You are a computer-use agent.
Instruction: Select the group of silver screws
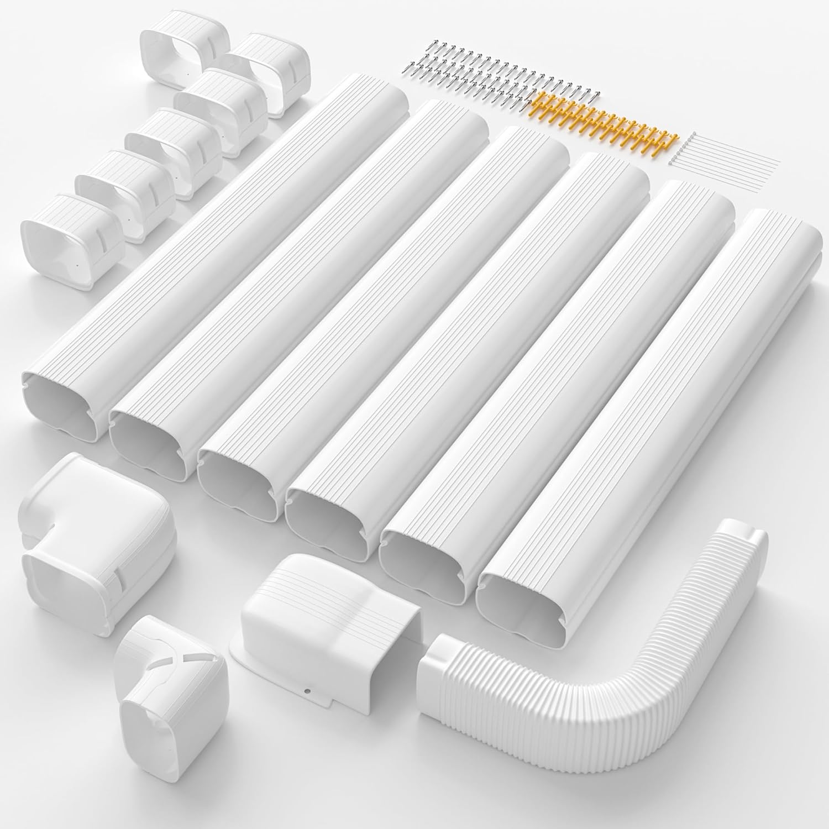click(497, 77)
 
